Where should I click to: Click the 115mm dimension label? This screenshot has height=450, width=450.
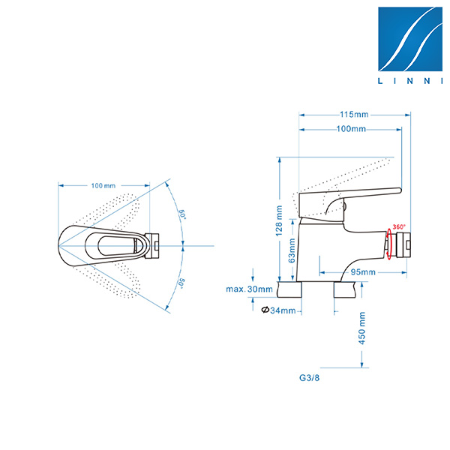point(353,115)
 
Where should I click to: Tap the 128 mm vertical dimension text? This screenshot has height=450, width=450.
point(279,221)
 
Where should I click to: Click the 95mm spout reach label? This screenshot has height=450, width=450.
point(363,271)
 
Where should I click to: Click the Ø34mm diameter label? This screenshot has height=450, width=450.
point(279,310)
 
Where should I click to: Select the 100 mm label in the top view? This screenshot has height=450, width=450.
point(103,185)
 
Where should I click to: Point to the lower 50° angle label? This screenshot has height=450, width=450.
point(181,283)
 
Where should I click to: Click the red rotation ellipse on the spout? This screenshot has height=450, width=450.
point(389,244)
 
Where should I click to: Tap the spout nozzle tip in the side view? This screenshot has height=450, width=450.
point(404,244)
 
